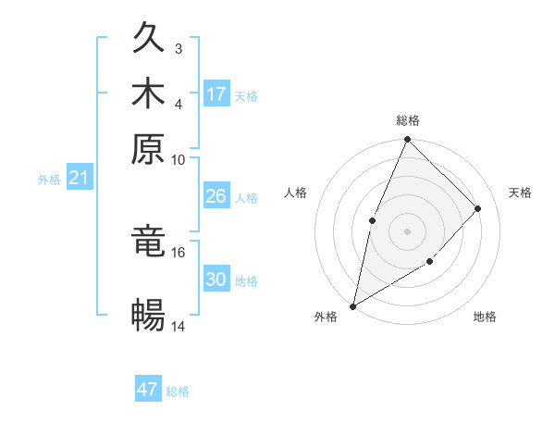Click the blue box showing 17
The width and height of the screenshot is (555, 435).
[216, 94]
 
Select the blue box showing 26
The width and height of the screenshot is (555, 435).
[216, 196]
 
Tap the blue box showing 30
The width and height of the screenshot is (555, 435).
[216, 280]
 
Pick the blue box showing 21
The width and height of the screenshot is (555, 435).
[79, 179]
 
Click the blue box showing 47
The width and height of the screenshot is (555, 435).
[148, 390]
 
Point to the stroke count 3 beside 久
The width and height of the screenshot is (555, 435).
[179, 48]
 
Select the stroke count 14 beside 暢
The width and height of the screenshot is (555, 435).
[178, 326]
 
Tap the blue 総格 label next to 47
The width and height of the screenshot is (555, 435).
[178, 391]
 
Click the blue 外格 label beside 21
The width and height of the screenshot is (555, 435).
[48, 180]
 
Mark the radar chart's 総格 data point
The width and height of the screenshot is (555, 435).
[407, 140]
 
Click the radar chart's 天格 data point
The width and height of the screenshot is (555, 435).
[478, 208]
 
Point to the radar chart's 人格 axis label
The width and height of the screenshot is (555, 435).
[296, 193]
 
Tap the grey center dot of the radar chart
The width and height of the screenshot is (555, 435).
[407, 230]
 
